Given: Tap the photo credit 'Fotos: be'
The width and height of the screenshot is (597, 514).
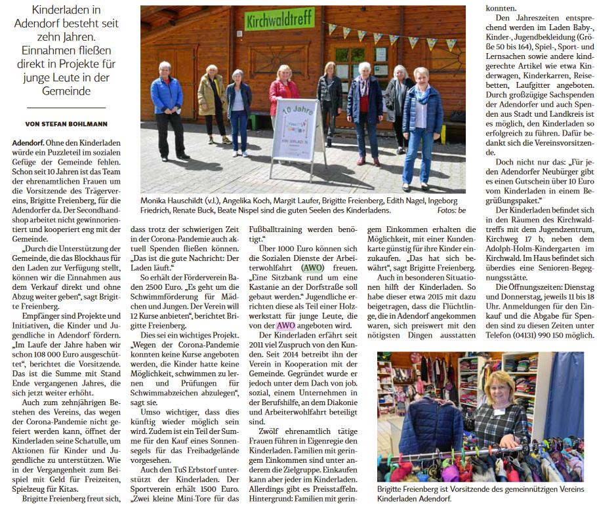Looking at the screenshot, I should [451, 210].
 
